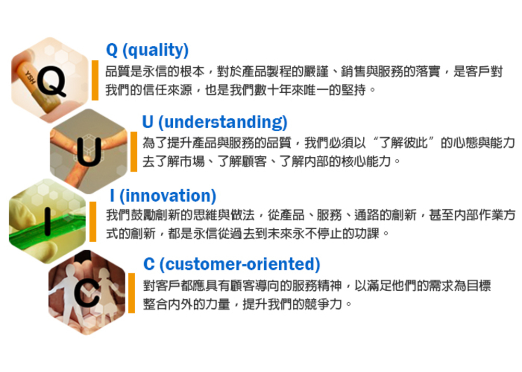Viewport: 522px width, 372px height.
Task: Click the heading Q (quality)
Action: (x=147, y=51)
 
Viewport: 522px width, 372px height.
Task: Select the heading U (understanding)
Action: (x=215, y=122)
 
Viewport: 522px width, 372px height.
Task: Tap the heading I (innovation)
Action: (x=163, y=195)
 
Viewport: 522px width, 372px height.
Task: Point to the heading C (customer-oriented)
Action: (x=232, y=264)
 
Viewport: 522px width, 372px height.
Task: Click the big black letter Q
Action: (x=51, y=81)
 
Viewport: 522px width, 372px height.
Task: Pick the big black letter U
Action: (x=89, y=152)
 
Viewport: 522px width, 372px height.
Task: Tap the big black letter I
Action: (x=48, y=221)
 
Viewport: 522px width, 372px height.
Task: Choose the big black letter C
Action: (x=87, y=292)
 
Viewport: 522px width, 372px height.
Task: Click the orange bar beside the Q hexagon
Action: (x=95, y=80)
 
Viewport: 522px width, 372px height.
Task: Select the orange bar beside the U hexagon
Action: (x=134, y=152)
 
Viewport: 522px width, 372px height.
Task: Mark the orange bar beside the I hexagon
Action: (x=93, y=221)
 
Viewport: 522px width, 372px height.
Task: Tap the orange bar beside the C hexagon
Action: (x=132, y=293)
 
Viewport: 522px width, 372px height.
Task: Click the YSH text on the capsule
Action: (x=29, y=78)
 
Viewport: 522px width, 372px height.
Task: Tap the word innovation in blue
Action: (x=168, y=195)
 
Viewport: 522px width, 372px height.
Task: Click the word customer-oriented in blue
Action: (x=240, y=264)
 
